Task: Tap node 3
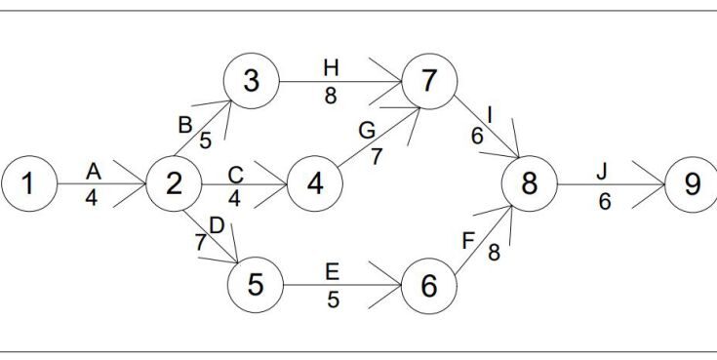coord(252,81)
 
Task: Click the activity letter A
coord(94,171)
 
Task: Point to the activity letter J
coord(602,171)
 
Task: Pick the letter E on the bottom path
coord(334,272)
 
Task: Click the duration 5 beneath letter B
coord(206,140)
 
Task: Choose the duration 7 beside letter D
coord(201,242)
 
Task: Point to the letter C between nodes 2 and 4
coord(235,175)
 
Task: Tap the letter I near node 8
coord(490,115)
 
